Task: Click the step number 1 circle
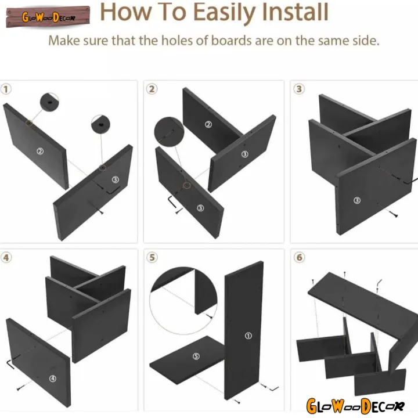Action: tap(6, 89)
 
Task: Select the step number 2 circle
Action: tap(152, 89)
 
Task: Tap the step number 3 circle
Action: tap(299, 89)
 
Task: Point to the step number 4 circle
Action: tap(6, 258)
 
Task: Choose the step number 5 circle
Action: tap(152, 258)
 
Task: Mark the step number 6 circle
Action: tap(299, 258)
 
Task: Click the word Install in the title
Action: tap(295, 12)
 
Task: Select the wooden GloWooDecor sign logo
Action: tap(48, 17)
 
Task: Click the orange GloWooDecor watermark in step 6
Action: tap(355, 406)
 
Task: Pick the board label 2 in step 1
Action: tap(40, 152)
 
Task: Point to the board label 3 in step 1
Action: tap(115, 179)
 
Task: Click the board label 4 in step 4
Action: tap(53, 379)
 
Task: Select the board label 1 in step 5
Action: tap(248, 336)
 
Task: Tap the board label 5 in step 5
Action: tap(196, 356)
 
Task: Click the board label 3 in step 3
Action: tap(357, 200)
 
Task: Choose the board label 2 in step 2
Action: tap(208, 124)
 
